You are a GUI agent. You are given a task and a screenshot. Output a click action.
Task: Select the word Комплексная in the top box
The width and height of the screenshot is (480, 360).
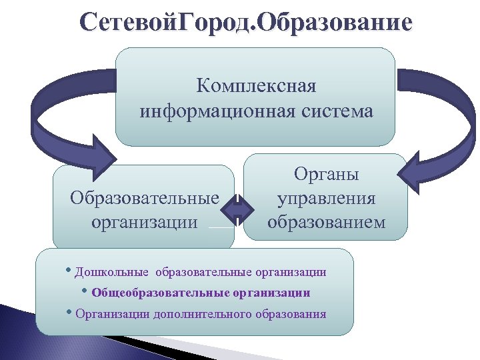pos(256,87)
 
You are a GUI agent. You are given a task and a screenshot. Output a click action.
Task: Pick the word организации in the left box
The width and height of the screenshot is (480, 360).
pos(145,221)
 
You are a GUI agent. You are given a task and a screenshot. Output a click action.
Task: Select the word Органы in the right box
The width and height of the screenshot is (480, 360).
pos(327,175)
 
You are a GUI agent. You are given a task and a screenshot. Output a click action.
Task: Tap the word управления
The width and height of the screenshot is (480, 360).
pos(327,198)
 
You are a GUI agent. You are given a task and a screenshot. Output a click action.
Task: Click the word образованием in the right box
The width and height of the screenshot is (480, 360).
pos(327,221)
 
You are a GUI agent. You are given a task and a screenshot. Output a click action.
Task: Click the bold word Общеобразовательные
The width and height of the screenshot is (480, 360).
pos(160,293)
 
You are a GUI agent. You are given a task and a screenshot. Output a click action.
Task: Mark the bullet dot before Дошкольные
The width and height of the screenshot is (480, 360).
pos(70,271)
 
